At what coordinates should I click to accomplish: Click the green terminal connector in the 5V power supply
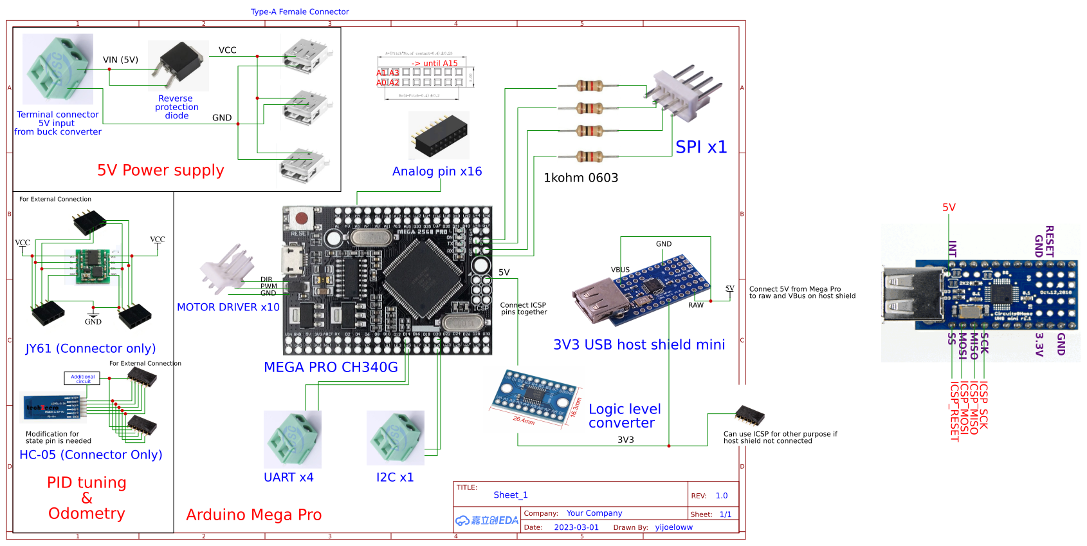(x=57, y=69)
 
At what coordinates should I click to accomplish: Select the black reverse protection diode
(x=178, y=64)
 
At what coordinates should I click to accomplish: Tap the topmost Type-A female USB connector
(x=306, y=55)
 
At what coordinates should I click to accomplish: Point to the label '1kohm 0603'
(x=580, y=178)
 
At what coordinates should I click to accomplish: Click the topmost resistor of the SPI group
(x=589, y=85)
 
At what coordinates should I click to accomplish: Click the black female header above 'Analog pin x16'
(x=439, y=136)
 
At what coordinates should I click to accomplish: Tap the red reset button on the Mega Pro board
(x=300, y=218)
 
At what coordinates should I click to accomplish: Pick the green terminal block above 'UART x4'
(x=292, y=438)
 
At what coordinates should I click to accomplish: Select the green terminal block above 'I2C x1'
(x=395, y=438)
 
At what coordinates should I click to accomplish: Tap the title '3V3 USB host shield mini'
(x=639, y=344)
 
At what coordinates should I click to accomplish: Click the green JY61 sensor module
(x=93, y=267)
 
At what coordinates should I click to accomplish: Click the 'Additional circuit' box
(x=82, y=379)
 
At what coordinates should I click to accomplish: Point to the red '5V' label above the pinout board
(x=949, y=207)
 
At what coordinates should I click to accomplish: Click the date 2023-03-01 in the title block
(x=576, y=527)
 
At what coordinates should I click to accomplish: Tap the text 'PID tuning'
(x=87, y=482)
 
